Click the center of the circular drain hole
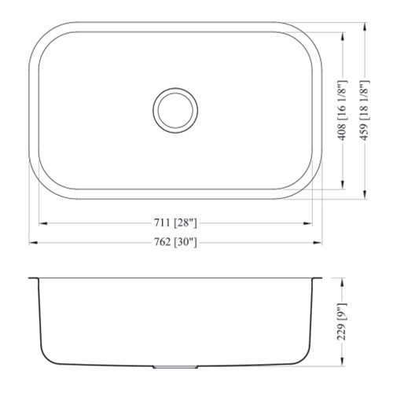point(175,109)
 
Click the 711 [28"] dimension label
point(174,222)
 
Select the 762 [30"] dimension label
point(174,243)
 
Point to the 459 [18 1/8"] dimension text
point(363,109)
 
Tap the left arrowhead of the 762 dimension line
point(32,244)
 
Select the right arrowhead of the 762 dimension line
point(319,244)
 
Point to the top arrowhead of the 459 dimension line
point(364,26)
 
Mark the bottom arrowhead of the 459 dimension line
point(364,194)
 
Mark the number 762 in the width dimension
point(162,243)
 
